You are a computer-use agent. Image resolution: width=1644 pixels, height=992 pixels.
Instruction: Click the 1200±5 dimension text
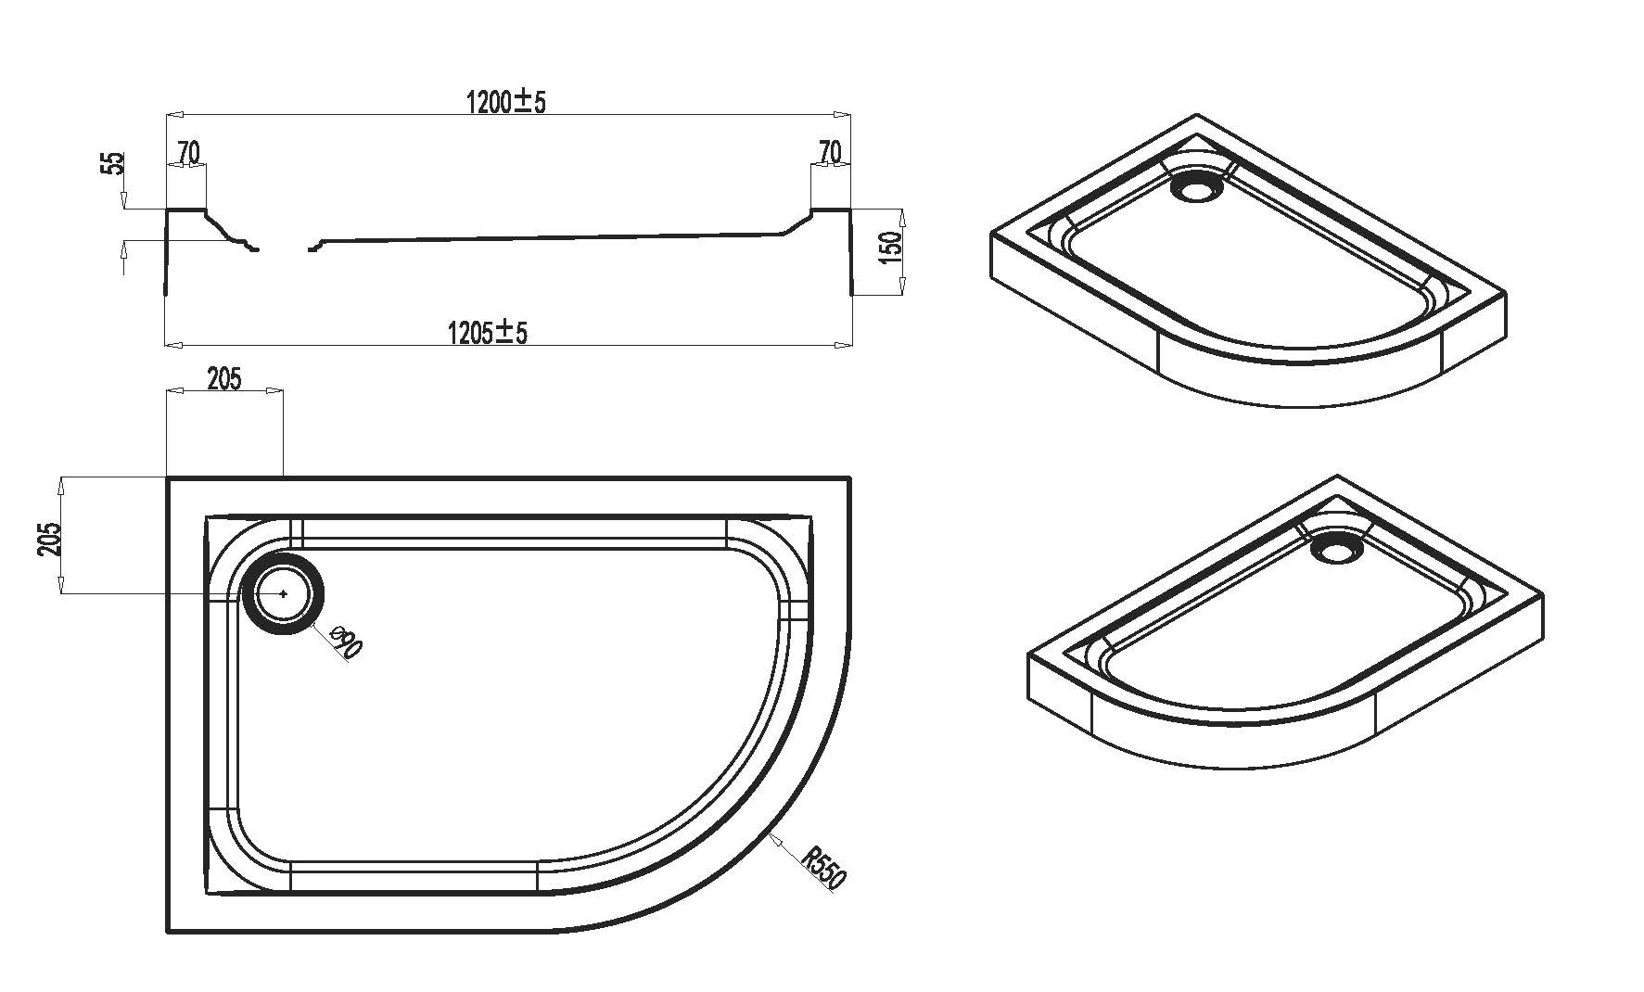coord(505,101)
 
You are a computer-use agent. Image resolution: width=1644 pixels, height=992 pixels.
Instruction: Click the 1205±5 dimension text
coord(487,331)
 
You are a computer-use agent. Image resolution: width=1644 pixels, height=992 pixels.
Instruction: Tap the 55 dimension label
coord(113,164)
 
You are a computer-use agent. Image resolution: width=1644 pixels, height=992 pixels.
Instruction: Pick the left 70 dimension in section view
coord(188,152)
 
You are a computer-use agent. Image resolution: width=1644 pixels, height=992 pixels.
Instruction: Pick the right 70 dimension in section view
coord(830,151)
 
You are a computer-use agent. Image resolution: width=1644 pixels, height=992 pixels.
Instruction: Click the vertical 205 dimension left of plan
coord(51,539)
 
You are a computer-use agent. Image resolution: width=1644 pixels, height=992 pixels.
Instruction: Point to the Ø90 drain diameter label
coord(345,642)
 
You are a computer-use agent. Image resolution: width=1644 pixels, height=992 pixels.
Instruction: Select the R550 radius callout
coord(823,869)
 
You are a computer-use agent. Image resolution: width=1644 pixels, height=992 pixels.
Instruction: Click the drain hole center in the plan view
coord(283,593)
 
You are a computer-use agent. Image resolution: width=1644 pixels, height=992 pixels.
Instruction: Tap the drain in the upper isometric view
coord(1197,188)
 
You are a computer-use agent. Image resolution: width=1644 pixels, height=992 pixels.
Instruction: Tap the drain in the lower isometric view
coord(1337,551)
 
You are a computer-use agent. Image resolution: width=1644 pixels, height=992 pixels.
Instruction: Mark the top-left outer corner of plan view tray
coord(169,479)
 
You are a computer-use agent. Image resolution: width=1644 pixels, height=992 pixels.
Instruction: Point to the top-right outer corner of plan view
coord(847,479)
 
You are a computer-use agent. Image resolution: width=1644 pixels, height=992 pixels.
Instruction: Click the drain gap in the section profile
coord(284,249)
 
